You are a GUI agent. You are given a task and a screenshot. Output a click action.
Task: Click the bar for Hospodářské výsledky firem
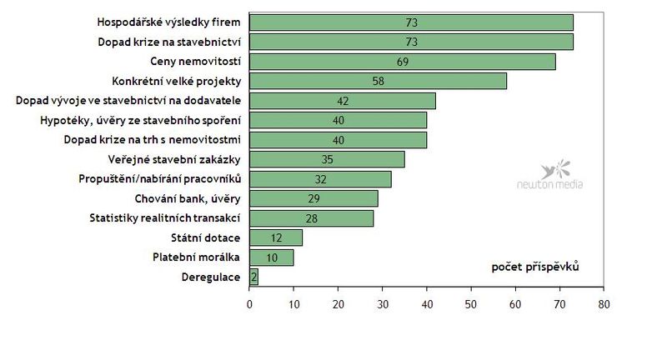(411, 22)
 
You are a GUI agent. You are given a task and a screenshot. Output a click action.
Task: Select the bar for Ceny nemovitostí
(402, 62)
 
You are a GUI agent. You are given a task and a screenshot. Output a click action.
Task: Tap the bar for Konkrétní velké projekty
(378, 81)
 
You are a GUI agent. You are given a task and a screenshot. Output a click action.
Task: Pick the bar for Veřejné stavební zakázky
(327, 159)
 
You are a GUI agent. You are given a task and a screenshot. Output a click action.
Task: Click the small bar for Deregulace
(253, 277)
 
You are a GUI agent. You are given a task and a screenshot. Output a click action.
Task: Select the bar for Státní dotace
(276, 237)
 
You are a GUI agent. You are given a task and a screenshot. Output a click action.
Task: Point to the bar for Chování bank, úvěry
(313, 198)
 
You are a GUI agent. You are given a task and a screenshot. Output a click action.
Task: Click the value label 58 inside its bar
(379, 81)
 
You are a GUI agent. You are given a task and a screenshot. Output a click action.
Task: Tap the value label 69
(403, 62)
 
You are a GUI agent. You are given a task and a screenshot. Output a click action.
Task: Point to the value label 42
(343, 101)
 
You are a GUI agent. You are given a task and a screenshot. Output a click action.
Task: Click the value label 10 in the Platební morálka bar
(272, 257)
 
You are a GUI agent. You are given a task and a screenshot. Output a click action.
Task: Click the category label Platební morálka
(197, 257)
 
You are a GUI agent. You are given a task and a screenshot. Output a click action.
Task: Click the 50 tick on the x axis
(470, 304)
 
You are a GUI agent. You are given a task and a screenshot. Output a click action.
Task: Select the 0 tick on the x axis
(249, 304)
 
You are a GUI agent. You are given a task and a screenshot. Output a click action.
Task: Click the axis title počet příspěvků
(535, 267)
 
